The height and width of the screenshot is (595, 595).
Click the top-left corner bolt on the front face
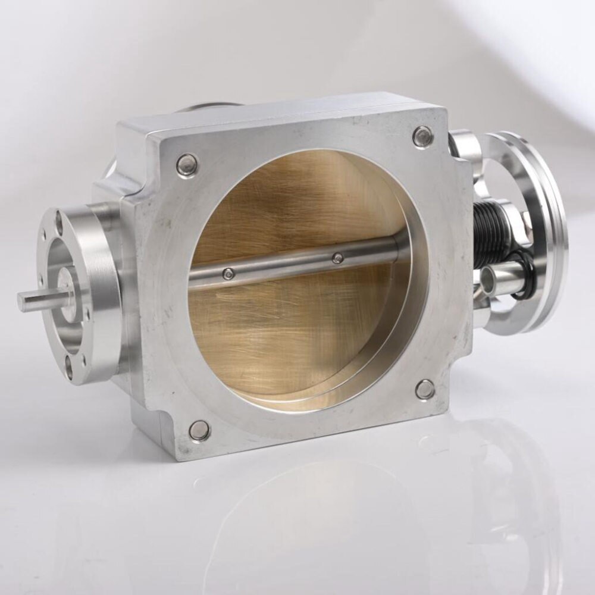point(187,165)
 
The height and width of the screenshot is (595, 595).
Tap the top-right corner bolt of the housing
point(422,137)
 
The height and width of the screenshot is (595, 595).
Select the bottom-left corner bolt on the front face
point(199,430)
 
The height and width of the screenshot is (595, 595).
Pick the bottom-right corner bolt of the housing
point(425,390)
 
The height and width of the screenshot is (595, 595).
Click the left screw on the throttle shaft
point(228,274)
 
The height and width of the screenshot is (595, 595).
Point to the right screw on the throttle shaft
point(338,258)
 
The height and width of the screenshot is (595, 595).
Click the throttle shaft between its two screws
point(283,266)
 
